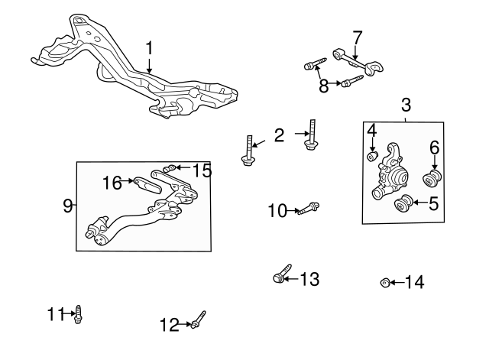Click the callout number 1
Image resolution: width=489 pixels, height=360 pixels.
tap(150, 48)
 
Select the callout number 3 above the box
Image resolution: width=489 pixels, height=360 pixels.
tap(405, 105)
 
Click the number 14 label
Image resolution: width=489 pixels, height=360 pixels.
tap(413, 283)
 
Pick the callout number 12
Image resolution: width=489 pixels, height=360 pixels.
tap(169, 325)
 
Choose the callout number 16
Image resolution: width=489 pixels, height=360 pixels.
tap(112, 182)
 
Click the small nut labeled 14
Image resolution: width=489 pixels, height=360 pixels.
tap(385, 284)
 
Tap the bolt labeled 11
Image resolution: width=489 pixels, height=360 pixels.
tap(77, 313)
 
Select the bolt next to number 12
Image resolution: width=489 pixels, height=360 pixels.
tap(197, 322)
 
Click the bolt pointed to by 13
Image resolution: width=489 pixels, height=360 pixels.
tap(280, 274)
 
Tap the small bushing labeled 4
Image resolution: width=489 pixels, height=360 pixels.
tap(372, 157)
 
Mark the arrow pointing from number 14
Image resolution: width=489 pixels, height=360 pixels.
tap(396, 284)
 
